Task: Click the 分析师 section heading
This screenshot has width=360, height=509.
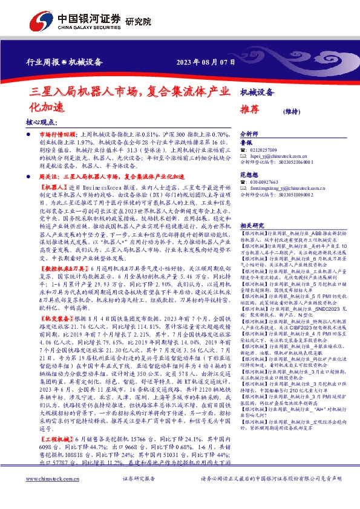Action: pyautogui.click(x=250, y=134)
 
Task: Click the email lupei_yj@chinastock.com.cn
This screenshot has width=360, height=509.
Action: pyautogui.click(x=278, y=156)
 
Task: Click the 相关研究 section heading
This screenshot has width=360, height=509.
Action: pyautogui.click(x=252, y=225)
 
